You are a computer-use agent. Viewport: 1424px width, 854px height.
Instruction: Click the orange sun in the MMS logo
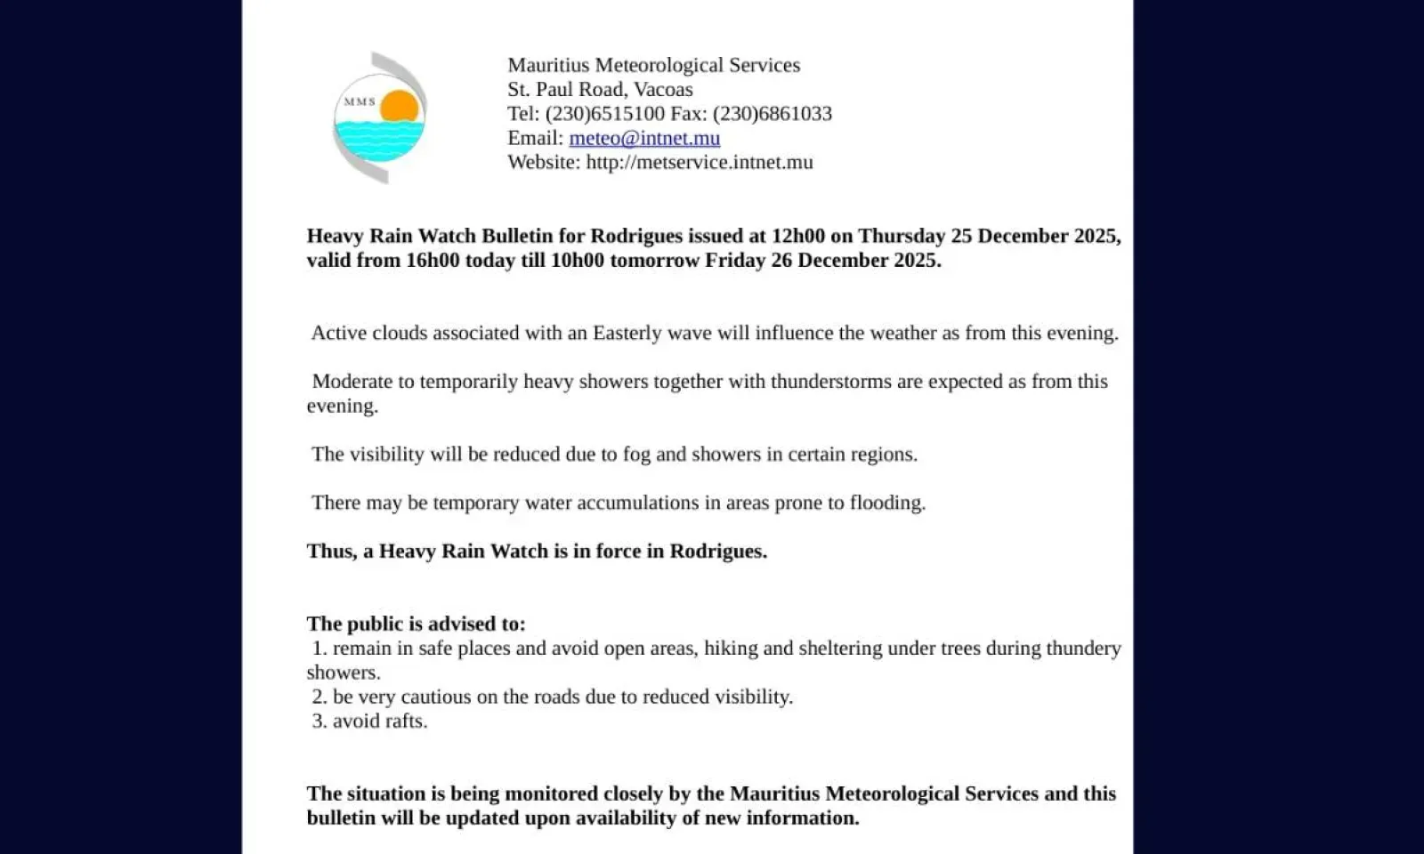point(400,107)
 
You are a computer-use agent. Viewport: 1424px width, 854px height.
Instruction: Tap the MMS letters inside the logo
point(360,102)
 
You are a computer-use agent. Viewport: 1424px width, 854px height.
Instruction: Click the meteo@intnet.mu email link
point(644,138)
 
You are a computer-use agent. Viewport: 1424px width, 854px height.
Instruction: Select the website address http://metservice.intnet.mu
point(700,162)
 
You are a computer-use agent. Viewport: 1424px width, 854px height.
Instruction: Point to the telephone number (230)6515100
point(605,114)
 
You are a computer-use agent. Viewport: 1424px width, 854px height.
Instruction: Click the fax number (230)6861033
point(773,114)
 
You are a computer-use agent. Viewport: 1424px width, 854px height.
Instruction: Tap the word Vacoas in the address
point(663,90)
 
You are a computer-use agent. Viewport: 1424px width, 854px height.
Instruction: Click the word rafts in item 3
point(403,721)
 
